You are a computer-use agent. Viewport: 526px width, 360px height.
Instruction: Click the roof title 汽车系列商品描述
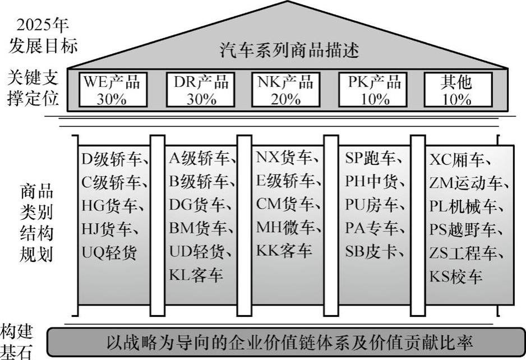tap(289, 50)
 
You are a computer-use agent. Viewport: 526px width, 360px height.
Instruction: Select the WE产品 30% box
tap(112, 90)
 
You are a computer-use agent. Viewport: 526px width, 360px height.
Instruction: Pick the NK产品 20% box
tap(285, 90)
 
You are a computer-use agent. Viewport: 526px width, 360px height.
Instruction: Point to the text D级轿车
tap(114, 159)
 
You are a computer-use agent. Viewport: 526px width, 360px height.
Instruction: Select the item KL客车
tap(195, 276)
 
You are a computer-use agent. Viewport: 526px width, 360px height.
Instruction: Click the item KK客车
tap(284, 251)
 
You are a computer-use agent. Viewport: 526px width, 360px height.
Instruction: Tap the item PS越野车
tap(463, 230)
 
